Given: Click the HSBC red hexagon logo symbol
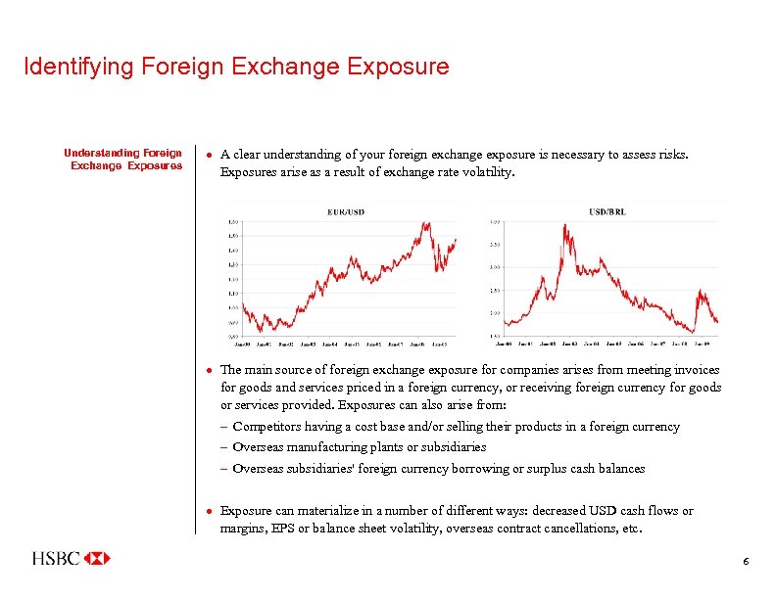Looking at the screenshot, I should click(97, 558).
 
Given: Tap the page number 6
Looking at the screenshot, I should click(746, 561).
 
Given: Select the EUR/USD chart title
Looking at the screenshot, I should click(346, 211).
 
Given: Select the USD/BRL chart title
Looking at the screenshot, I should click(607, 211).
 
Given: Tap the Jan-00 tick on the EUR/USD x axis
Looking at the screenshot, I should click(242, 345).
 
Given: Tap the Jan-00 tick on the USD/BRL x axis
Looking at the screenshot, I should click(504, 344).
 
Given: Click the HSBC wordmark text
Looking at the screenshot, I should click(57, 559).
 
